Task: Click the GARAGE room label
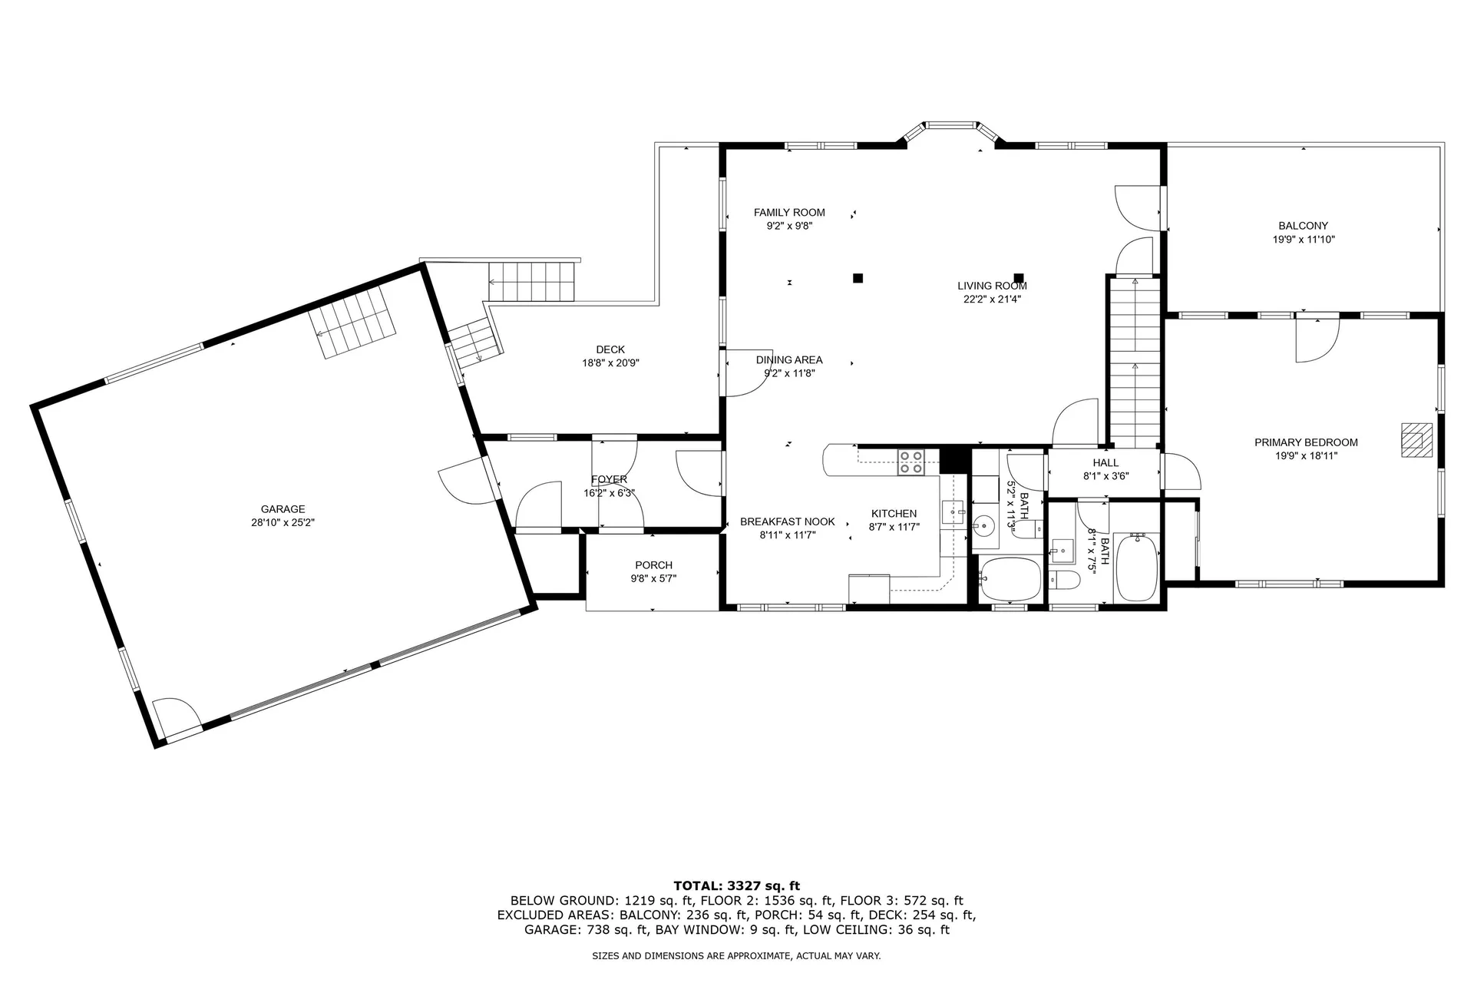pyautogui.click(x=283, y=509)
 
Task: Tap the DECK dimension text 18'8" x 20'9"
pyautogui.click(x=610, y=363)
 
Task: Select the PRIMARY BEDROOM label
pyautogui.click(x=1306, y=442)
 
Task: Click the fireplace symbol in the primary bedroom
pyautogui.click(x=1416, y=440)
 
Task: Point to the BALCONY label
pyautogui.click(x=1303, y=226)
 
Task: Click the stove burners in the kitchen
pyautogui.click(x=911, y=462)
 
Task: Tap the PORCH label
pyautogui.click(x=653, y=565)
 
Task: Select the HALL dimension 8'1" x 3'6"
pyautogui.click(x=1105, y=476)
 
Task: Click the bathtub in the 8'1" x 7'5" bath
pyautogui.click(x=1136, y=569)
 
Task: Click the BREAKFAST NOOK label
pyautogui.click(x=787, y=521)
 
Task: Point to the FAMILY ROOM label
pyautogui.click(x=789, y=213)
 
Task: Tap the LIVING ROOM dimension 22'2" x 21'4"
pyautogui.click(x=992, y=300)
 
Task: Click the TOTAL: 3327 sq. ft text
pyautogui.click(x=736, y=885)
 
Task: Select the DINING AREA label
pyautogui.click(x=788, y=359)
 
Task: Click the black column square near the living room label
pyautogui.click(x=1019, y=278)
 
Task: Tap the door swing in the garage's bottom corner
pyautogui.click(x=175, y=713)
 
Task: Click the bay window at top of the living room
pyautogui.click(x=950, y=124)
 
